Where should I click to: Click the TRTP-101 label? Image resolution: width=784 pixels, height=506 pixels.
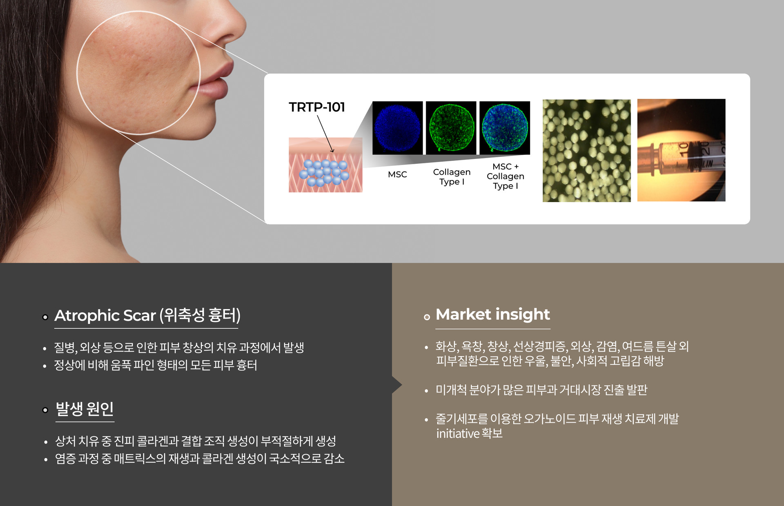pyautogui.click(x=317, y=107)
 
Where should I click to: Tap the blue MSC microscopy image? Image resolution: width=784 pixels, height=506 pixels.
pyautogui.click(x=397, y=128)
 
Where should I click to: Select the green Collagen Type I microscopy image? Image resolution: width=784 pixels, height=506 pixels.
pyautogui.click(x=451, y=128)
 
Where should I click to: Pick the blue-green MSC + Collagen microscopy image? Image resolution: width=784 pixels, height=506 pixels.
pyautogui.click(x=505, y=128)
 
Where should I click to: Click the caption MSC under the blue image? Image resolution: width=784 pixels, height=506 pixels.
pyautogui.click(x=397, y=174)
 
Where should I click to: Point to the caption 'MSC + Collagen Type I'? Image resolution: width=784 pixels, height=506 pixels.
pyautogui.click(x=505, y=176)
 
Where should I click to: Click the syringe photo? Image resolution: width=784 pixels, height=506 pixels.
pyautogui.click(x=681, y=150)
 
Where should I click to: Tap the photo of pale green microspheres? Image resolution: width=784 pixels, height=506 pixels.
pyautogui.click(x=586, y=151)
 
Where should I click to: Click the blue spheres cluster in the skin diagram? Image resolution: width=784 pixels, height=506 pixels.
pyautogui.click(x=325, y=173)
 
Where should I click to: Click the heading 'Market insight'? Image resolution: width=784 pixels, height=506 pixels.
pyautogui.click(x=493, y=314)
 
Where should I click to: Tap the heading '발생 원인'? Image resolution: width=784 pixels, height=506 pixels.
pyautogui.click(x=85, y=408)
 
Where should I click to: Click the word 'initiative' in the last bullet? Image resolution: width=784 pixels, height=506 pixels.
pyautogui.click(x=457, y=433)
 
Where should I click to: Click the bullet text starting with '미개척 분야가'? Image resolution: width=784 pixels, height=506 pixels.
pyautogui.click(x=541, y=390)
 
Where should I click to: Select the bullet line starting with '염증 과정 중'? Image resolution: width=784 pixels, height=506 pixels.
pyautogui.click(x=200, y=459)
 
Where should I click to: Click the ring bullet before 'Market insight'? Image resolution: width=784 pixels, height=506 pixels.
pyautogui.click(x=427, y=317)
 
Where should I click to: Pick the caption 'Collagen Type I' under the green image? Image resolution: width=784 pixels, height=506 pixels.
pyautogui.click(x=452, y=177)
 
